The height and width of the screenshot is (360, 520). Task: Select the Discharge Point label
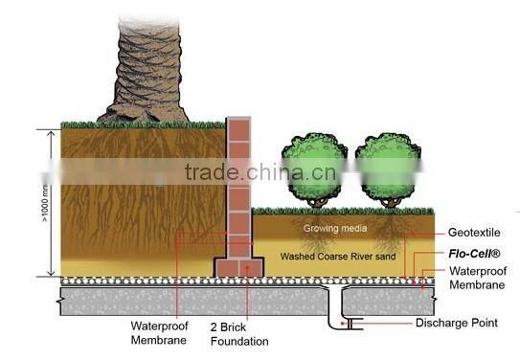point(456,323)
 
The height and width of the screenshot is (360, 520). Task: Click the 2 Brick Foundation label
point(238,334)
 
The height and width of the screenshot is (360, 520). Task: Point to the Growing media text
point(329,229)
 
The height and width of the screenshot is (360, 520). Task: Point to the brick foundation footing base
point(237,267)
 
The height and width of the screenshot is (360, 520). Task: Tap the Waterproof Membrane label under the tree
point(158,332)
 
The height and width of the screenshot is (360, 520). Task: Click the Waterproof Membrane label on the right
point(477,278)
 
